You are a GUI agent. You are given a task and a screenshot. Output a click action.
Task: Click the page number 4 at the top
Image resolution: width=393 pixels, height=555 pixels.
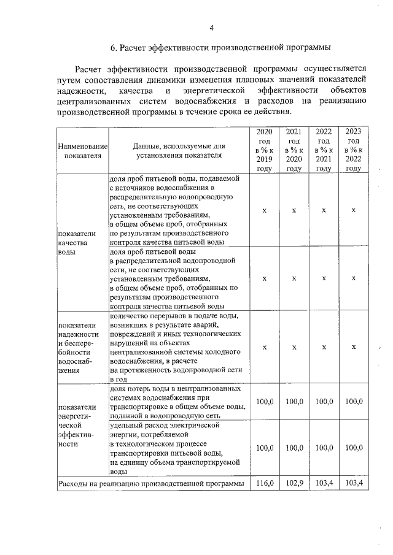pos(211,28)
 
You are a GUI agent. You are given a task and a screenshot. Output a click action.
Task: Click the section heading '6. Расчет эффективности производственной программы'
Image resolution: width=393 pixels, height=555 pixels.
pos(220,47)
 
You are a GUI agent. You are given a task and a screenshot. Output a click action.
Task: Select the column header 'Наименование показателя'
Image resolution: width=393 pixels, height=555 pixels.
pos(82,151)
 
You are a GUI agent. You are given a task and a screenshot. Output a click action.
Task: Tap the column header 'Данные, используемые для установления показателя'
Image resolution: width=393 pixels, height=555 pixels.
pos(179,151)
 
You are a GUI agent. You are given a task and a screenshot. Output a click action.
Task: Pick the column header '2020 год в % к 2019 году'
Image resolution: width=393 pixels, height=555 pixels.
pos(264,150)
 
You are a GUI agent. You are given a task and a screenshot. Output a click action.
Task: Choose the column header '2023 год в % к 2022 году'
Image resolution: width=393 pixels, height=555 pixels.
pos(354,150)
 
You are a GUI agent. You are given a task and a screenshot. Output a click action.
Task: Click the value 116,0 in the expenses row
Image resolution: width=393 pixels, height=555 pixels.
pos(264,484)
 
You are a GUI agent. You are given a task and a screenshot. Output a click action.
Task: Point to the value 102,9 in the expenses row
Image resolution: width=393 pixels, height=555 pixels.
pos(294,484)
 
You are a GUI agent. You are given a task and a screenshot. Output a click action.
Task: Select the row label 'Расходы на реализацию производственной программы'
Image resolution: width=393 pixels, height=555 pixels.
pos(152,484)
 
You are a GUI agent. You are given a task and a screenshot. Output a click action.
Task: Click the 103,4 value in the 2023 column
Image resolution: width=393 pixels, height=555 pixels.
pos(354,484)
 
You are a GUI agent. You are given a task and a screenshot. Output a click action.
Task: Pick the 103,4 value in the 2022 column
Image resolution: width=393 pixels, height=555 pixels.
pos(324,484)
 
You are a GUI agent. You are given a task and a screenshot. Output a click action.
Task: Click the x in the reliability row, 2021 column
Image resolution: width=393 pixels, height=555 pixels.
pos(294,347)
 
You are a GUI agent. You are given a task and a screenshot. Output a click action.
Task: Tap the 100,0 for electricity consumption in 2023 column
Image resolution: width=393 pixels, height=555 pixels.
pos(354,448)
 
